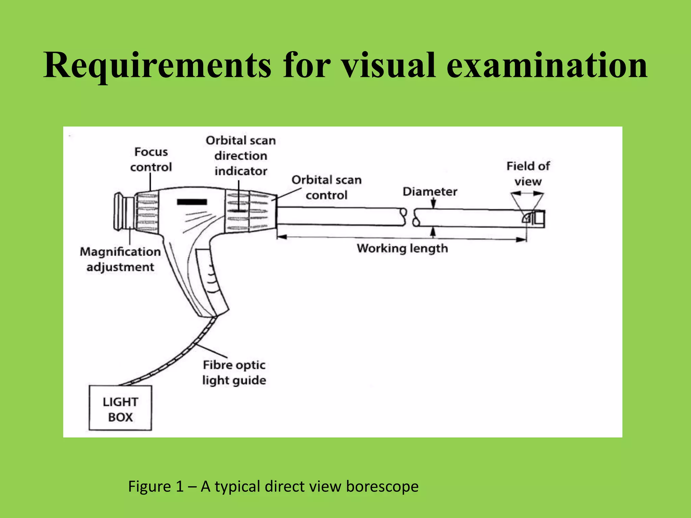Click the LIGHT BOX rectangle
[120, 408]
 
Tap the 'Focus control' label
[151, 160]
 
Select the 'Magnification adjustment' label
[120, 259]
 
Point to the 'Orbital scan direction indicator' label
[241, 156]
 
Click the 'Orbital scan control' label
[326, 188]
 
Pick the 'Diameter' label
[430, 192]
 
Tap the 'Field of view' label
[528, 174]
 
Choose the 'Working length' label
[402, 249]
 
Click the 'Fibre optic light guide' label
[234, 373]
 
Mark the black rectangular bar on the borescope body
[192, 202]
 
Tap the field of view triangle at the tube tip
[527, 202]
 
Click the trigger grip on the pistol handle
[211, 280]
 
